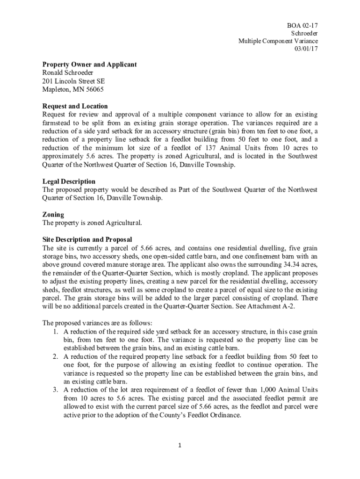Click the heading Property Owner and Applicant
pyautogui.click(x=89, y=65)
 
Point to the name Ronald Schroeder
pyautogui.click(x=68, y=73)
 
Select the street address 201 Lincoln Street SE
pyautogui.click(x=73, y=81)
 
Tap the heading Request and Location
pyautogui.click(x=75, y=106)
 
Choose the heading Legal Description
pyautogui.click(x=69, y=181)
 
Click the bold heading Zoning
pyautogui.click(x=53, y=215)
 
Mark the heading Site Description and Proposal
pyautogui.click(x=87, y=240)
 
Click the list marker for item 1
pyautogui.click(x=55, y=331)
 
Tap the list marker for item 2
pyautogui.click(x=55, y=356)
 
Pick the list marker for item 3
pyautogui.click(x=55, y=390)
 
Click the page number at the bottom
pyautogui.click(x=180, y=445)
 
